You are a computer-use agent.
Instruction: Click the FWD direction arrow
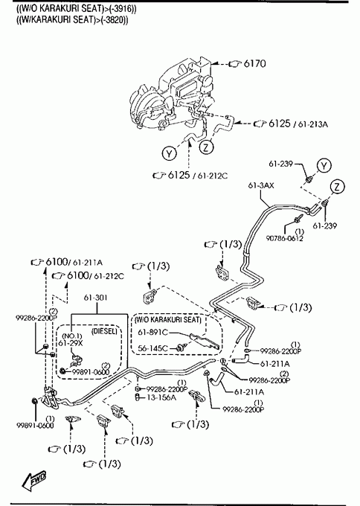point(33,481)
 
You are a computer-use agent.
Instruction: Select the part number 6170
point(255,63)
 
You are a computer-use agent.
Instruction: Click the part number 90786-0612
point(285,238)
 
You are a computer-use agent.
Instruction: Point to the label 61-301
point(95,297)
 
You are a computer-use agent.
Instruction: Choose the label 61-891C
point(153,332)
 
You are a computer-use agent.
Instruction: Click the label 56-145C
point(153,348)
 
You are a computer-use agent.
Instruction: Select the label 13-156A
point(161,397)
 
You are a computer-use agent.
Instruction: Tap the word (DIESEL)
point(104,331)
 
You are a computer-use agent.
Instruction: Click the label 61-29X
point(71,343)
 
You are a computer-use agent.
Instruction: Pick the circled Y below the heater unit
point(170,153)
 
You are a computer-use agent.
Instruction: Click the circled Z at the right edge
point(337,187)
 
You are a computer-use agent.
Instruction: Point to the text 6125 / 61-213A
point(298,124)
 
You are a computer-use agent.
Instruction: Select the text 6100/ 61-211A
point(74,262)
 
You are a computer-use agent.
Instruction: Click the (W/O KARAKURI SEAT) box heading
point(168,319)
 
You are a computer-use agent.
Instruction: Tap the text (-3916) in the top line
point(123,9)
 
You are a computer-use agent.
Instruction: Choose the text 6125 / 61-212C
point(198,175)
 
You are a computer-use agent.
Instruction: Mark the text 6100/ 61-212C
point(95,275)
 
